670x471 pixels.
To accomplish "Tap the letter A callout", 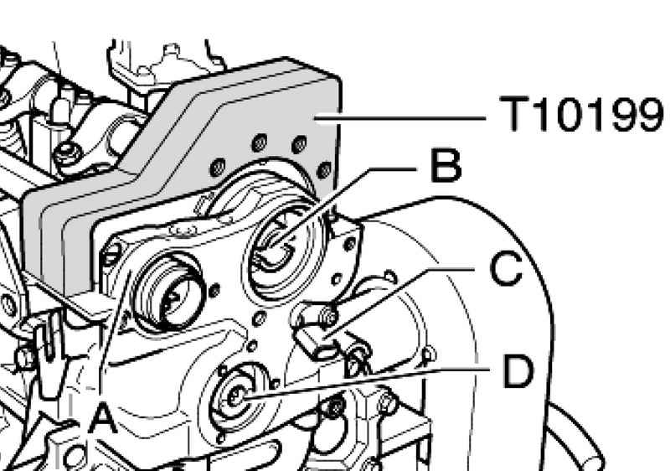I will pyautogui.click(x=103, y=417).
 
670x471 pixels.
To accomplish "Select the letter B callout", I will pyautogui.click(x=444, y=167).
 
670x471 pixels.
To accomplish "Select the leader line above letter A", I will pyautogui.click(x=113, y=335).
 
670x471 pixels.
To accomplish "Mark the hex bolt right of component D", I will pyautogui.click(x=386, y=405).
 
